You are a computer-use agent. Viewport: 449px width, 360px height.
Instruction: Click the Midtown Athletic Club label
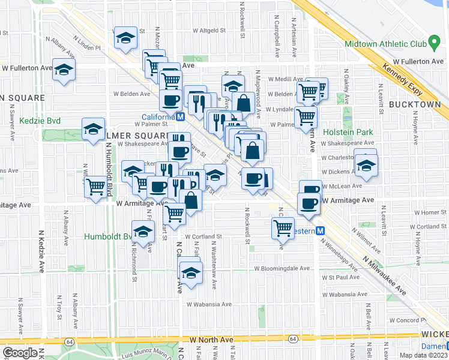coord(385,44)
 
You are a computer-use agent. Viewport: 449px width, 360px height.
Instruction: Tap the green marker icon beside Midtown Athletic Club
coord(432,44)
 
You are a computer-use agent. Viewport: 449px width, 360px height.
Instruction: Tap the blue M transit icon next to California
coord(179,117)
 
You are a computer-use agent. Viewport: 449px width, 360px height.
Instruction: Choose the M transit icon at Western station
coord(321,230)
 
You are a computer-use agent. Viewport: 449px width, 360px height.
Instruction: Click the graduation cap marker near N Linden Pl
coord(125,38)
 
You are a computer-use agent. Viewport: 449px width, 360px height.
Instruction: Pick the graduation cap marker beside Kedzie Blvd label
coord(93,129)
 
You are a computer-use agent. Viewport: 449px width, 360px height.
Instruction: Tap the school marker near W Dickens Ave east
coord(366,165)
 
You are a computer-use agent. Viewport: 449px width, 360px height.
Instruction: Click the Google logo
coord(20,353)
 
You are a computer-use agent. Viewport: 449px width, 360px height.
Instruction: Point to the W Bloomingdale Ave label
coord(282,269)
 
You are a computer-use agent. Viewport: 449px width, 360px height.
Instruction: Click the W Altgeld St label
coord(205,29)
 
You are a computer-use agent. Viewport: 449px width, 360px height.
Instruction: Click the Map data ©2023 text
coord(423,355)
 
